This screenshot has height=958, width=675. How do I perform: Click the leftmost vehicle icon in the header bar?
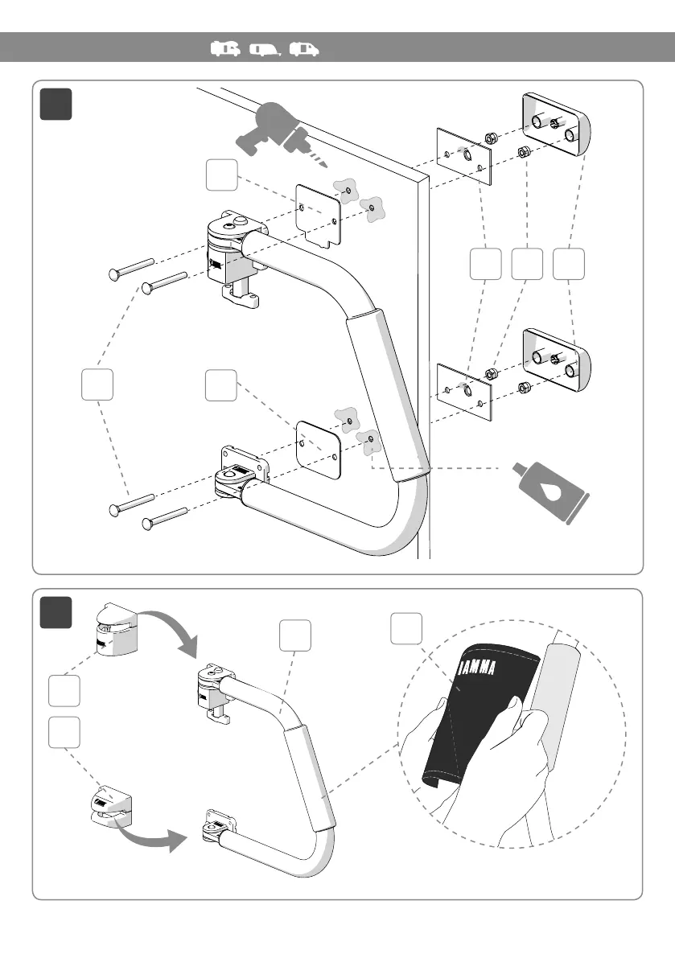point(226,50)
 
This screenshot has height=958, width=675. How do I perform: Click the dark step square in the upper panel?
point(56,104)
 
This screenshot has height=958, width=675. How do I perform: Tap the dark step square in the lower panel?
point(56,613)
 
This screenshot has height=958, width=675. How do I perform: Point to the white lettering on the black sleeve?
point(487,667)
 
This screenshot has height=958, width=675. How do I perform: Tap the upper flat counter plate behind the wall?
point(464,154)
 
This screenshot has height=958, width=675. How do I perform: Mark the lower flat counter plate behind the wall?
point(464,391)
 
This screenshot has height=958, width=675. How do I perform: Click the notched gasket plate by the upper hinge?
point(319,213)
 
